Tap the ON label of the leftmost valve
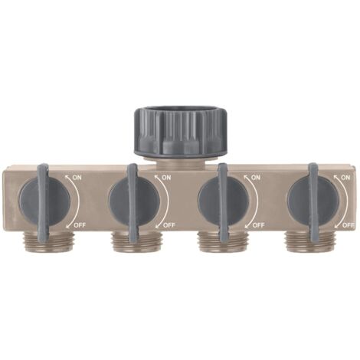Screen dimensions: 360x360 tap(77, 178)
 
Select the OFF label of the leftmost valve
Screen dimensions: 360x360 tap(80, 225)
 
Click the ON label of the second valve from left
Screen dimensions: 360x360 tap(166, 178)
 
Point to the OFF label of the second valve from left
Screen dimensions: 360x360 tap(169, 225)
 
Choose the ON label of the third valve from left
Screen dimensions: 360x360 tap(256, 178)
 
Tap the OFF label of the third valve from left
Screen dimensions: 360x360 tap(258, 225)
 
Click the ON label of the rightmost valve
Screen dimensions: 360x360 tap(345, 178)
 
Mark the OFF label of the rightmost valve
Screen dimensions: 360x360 tap(349, 225)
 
